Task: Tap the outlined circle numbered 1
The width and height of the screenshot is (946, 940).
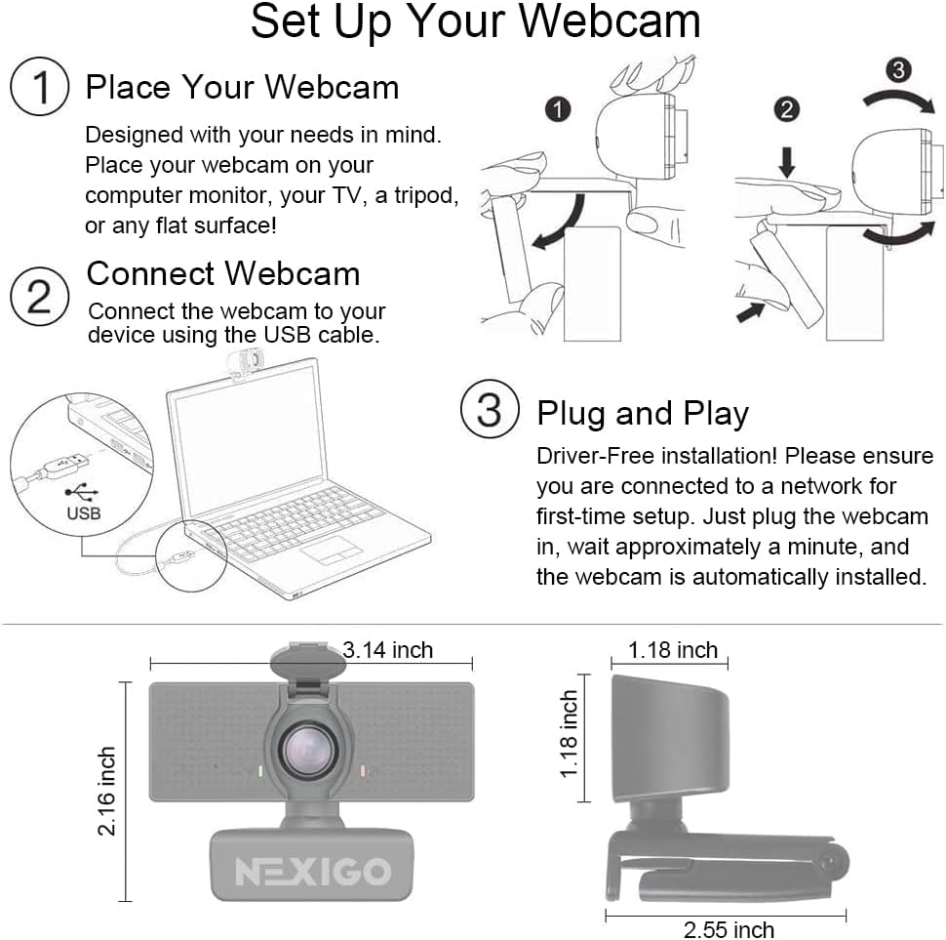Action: (39, 88)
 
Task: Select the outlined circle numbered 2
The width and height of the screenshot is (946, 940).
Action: (39, 294)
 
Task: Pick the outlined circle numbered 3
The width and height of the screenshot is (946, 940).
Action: (489, 411)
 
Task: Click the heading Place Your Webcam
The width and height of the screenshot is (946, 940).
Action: (242, 87)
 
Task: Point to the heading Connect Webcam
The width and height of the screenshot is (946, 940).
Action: (223, 273)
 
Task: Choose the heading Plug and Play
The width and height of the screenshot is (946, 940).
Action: (642, 413)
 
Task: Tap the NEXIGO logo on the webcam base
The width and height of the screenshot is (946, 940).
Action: (312, 871)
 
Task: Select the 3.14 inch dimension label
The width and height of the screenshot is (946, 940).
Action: (388, 650)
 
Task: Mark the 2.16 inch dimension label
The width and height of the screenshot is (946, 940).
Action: (106, 791)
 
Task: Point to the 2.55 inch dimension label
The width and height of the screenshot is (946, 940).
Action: (729, 929)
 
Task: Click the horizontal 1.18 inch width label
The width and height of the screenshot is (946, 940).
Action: (673, 650)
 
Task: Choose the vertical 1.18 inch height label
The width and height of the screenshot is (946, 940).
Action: (570, 734)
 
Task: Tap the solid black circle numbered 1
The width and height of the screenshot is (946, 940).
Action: (558, 109)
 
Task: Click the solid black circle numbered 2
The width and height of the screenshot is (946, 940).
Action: (787, 109)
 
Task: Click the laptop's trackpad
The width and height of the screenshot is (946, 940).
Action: (331, 550)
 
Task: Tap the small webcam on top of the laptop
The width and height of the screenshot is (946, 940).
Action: (244, 364)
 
